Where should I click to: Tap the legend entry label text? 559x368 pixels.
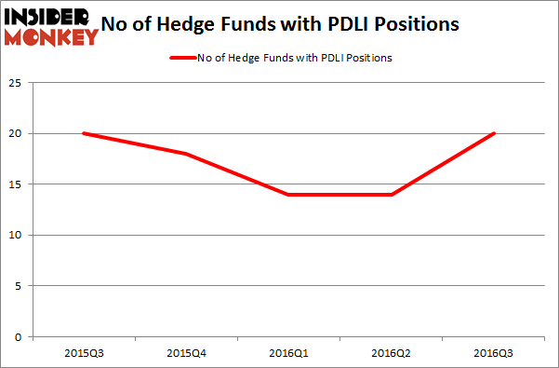point(294,59)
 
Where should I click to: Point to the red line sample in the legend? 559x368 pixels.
point(182,59)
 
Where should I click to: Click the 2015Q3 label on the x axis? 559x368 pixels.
point(85,354)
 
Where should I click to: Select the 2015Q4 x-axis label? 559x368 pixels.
point(187,354)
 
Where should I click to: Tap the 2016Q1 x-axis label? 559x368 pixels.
point(289,354)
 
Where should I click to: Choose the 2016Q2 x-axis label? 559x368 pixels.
point(392,354)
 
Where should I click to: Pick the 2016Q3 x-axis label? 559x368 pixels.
point(494,354)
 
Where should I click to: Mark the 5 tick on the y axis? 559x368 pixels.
point(20,286)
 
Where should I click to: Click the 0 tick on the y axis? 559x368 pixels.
point(20,336)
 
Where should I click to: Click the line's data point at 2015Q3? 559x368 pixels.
point(85,133)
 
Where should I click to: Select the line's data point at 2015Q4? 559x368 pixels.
point(187,154)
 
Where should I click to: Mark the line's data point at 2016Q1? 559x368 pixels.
point(289,194)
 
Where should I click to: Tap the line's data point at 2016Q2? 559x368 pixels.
point(392,194)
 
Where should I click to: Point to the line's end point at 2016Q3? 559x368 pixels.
point(494,133)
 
